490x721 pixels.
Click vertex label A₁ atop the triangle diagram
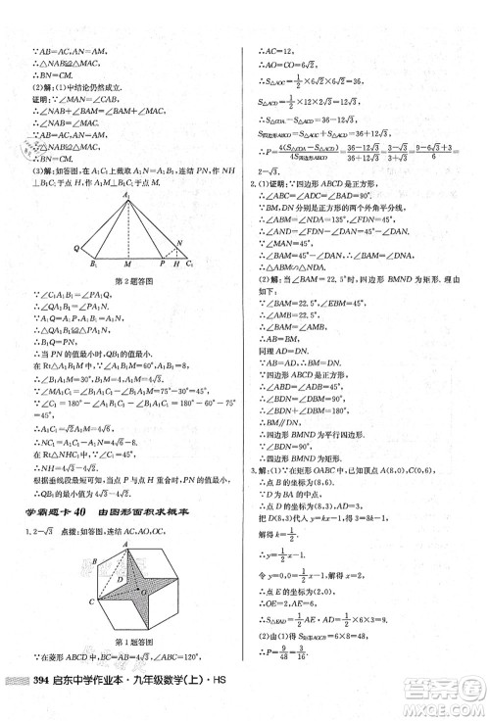pyautogui.click(x=126, y=195)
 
